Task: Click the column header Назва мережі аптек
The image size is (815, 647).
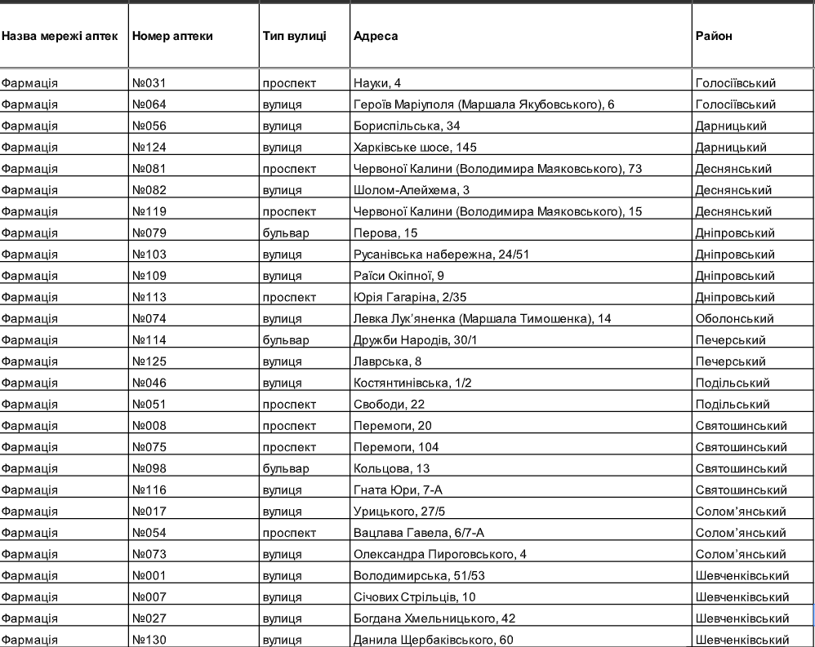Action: click(60, 37)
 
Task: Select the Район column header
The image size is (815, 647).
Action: click(714, 37)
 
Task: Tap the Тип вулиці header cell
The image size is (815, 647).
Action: click(295, 37)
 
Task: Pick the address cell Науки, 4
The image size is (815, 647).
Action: click(377, 82)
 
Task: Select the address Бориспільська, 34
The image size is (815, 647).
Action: click(401, 126)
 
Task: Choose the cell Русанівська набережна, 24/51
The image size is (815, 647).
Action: click(442, 254)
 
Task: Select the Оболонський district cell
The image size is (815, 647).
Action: click(733, 318)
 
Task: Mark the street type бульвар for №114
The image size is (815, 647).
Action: click(286, 339)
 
